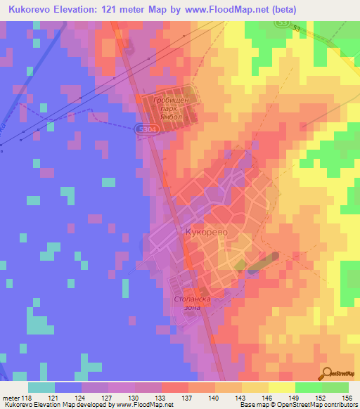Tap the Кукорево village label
(x=207, y=231)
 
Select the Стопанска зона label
(x=192, y=303)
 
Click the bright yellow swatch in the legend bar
(x=281, y=387)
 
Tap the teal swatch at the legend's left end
(x=41, y=387)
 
